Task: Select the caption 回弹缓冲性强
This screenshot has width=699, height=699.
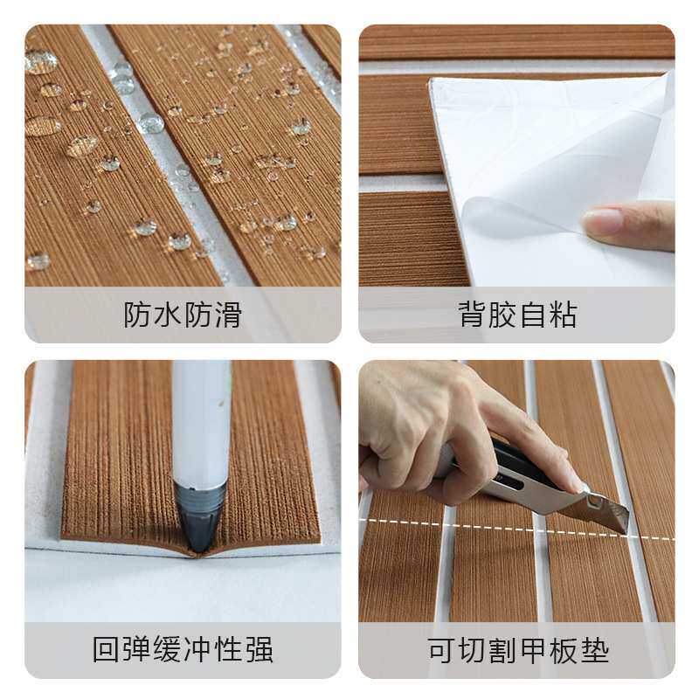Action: coord(183,650)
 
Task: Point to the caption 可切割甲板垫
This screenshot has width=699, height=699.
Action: coord(517,650)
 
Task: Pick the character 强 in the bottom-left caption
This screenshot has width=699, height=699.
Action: coord(259,650)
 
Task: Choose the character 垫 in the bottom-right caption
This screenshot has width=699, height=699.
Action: coord(594,650)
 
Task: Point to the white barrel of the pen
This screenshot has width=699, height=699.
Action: coord(201,419)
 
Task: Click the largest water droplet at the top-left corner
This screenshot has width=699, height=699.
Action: coord(40,61)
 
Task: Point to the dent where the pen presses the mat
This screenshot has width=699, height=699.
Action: coord(201,549)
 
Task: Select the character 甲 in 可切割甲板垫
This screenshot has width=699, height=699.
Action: coord(533,650)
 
